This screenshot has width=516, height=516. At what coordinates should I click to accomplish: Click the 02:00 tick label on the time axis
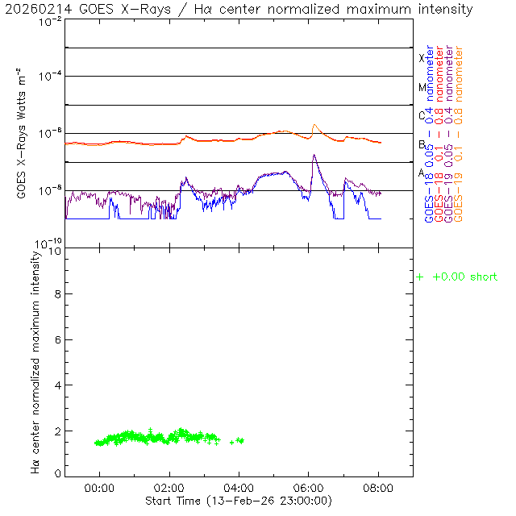[169, 488]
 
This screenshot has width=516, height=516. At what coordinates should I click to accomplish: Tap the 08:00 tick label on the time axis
[378, 488]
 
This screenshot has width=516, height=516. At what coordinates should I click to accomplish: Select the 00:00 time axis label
[100, 488]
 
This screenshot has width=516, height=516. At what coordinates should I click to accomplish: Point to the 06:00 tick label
[309, 488]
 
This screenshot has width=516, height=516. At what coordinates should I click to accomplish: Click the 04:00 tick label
[239, 488]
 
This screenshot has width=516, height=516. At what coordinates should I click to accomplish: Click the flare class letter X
[422, 58]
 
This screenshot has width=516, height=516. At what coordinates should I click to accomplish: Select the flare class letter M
[422, 87]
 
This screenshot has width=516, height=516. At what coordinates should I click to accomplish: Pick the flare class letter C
[422, 115]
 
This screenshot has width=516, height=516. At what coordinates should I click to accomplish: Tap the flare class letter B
[422, 144]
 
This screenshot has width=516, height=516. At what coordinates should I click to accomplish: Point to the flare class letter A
[422, 173]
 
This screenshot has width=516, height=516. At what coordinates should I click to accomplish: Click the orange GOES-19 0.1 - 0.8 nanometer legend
[460, 134]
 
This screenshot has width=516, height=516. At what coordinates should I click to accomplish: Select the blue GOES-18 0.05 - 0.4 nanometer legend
[429, 134]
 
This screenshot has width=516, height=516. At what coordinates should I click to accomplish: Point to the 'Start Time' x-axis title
[239, 501]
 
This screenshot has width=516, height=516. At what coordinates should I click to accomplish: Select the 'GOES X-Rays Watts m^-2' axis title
[23, 134]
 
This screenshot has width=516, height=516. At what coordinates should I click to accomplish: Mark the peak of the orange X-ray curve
[314, 125]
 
